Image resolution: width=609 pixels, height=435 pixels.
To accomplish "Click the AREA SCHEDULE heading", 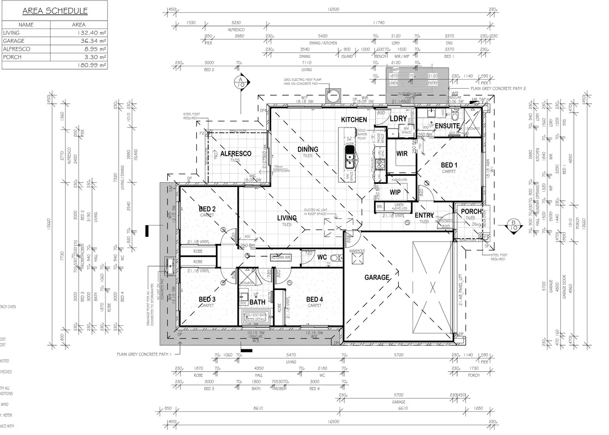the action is click(55, 11).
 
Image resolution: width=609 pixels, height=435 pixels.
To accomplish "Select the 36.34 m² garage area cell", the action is click(93, 41).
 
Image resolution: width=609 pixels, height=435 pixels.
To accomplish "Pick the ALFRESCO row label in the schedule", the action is click(17, 49).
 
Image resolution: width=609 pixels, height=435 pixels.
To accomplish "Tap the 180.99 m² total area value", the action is click(91, 65).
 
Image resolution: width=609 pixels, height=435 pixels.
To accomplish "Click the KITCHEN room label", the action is click(354, 120).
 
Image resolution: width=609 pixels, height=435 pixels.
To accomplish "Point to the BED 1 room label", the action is click(449, 165).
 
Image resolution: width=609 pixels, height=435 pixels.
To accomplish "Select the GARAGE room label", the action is click(377, 277).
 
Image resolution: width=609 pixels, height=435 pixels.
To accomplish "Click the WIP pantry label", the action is click(395, 192).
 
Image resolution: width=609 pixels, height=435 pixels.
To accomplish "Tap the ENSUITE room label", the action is click(447, 126).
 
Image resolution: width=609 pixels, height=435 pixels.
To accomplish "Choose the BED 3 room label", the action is click(207, 299).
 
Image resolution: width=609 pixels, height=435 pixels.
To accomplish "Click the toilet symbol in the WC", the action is click(335, 258).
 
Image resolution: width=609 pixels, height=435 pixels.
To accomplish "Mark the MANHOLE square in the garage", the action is click(357, 259).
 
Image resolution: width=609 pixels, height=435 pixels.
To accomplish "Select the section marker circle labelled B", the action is click(513, 225).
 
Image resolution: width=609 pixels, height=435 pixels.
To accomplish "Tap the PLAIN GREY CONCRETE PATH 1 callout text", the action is click(144, 354).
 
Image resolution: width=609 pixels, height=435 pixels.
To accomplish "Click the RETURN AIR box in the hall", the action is click(281, 257).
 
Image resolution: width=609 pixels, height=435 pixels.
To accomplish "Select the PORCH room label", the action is click(471, 211).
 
